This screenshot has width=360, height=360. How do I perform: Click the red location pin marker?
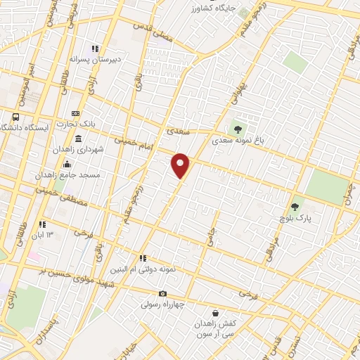click(x=181, y=166)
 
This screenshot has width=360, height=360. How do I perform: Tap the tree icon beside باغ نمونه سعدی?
click(x=237, y=129)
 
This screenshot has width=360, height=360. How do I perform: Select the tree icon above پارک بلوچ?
click(x=295, y=207)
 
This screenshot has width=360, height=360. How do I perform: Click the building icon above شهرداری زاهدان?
click(x=77, y=139)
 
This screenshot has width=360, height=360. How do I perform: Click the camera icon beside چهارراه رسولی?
click(x=162, y=294)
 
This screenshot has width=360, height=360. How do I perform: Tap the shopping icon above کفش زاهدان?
click(x=216, y=313)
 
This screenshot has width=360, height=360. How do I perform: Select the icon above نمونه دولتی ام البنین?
click(x=143, y=259)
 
